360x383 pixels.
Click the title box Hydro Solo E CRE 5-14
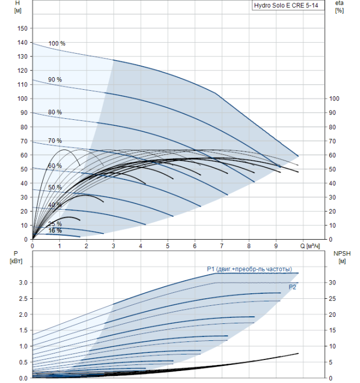coord(288,5)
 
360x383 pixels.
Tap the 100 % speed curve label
coord(57,43)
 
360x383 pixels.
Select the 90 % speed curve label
coord(55,79)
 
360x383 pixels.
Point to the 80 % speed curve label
coord(55,112)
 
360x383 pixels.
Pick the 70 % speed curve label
coord(55,141)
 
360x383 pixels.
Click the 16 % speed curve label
coord(55,230)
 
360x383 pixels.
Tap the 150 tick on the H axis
coord(22,28)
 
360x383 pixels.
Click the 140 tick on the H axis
coord(22,43)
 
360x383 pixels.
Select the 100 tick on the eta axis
coord(334,98)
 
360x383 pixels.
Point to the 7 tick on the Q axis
coord(222,246)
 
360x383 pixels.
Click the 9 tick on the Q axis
coord(276,246)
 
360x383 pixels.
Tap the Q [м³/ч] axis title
coord(310,246)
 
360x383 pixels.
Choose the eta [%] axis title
coord(340,7)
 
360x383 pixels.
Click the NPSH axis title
coord(342,257)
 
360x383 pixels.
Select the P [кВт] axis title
coord(16,257)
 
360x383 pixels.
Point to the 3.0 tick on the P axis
coord(24,283)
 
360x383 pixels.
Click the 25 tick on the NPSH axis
coord(332,299)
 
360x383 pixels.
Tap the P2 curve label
coord(292,287)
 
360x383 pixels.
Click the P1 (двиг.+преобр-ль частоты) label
coord(249,269)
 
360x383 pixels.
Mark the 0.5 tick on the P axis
coord(24,362)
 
